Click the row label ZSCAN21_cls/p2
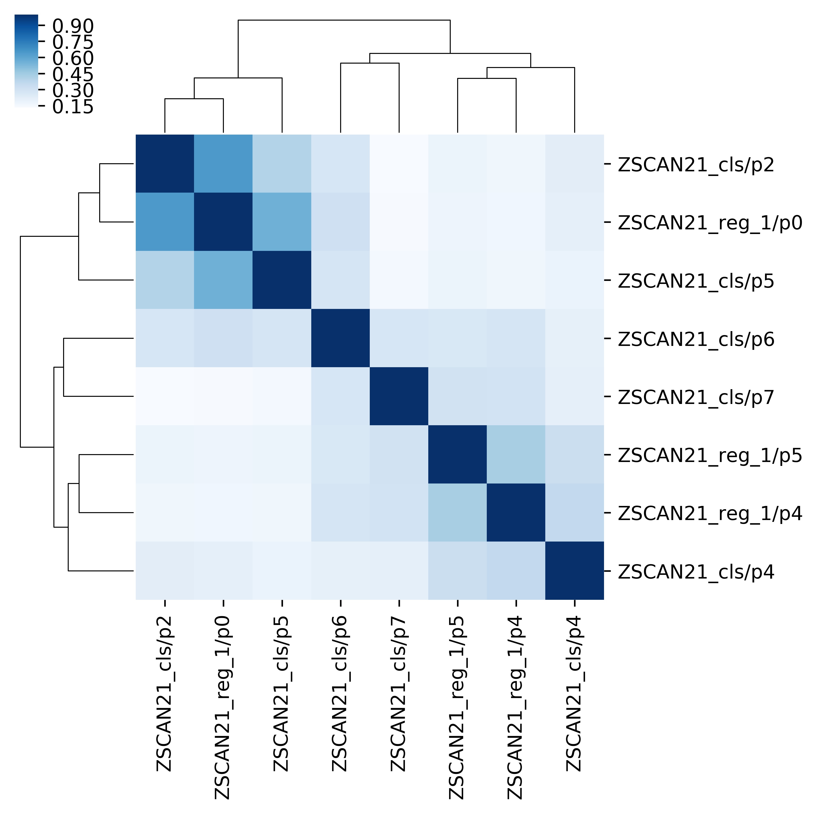click(x=696, y=165)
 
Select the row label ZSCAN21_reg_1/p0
click(x=710, y=223)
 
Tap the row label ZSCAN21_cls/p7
click(x=696, y=397)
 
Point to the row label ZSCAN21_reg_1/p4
click(x=710, y=514)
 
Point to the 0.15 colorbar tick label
click(x=73, y=107)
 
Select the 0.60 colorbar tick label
click(x=73, y=58)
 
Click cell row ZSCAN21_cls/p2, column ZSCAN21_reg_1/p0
click(x=223, y=164)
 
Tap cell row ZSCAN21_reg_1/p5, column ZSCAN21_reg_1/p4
click(x=515, y=455)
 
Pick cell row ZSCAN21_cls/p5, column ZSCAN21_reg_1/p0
click(x=223, y=280)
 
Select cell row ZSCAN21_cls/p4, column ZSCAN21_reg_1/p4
click(x=515, y=570)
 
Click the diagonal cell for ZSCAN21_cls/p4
click(x=574, y=570)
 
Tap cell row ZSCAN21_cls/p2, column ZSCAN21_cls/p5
click(x=282, y=164)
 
